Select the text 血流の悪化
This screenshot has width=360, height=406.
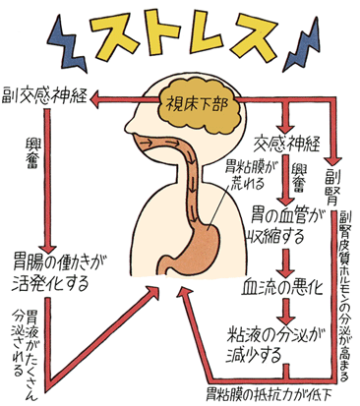284,292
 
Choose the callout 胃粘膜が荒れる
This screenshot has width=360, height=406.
241,173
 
